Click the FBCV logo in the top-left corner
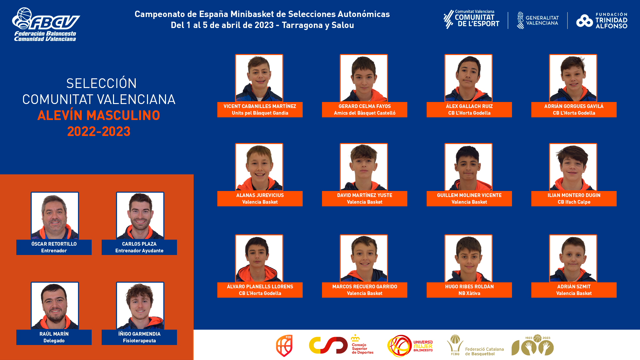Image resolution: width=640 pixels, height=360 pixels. (46, 24)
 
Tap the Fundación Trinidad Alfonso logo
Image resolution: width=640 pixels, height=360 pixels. (602, 21)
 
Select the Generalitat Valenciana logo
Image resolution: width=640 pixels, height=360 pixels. (538, 20)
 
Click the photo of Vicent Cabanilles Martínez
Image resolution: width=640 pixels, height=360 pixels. (259, 78)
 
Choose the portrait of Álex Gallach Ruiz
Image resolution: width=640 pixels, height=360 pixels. (468, 78)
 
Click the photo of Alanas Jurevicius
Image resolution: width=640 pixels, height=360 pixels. (259, 167)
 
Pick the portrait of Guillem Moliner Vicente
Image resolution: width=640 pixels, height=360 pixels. (468, 167)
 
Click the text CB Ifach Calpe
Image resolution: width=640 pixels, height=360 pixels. (574, 202)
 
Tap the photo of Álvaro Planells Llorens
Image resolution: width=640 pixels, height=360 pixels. (259, 258)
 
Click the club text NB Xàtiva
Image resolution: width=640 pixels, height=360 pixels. (469, 293)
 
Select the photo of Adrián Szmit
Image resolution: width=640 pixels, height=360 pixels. (573, 258)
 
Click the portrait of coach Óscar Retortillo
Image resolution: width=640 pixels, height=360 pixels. (55, 216)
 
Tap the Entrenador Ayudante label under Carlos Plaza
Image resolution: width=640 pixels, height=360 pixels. (139, 251)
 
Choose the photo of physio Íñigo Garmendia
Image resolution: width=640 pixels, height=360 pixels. (140, 306)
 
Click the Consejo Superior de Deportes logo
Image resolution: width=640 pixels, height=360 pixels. (341, 345)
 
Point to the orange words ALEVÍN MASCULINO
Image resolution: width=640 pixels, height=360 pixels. (99, 115)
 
